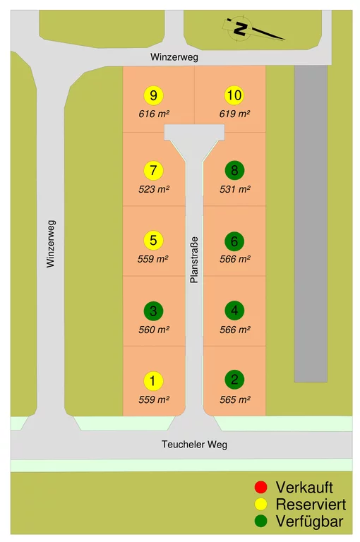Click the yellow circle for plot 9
tap(153, 95)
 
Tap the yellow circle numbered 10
tap(234, 95)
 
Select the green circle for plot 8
tap(234, 170)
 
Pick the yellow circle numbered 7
tap(153, 170)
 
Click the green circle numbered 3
tap(153, 311)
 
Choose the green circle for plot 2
tap(234, 380)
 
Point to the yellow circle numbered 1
tap(153, 381)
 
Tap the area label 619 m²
tap(234, 114)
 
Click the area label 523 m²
tap(154, 189)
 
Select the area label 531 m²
tap(235, 189)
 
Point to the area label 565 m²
tap(235, 399)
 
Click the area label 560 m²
tap(154, 330)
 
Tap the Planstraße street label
tap(194, 260)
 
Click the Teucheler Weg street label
tap(194, 444)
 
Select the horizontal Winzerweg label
tap(174, 57)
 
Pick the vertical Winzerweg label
tap(51, 243)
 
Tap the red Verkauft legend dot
tap(260, 487)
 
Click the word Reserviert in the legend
tap(311, 505)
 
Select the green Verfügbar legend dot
tap(260, 522)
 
